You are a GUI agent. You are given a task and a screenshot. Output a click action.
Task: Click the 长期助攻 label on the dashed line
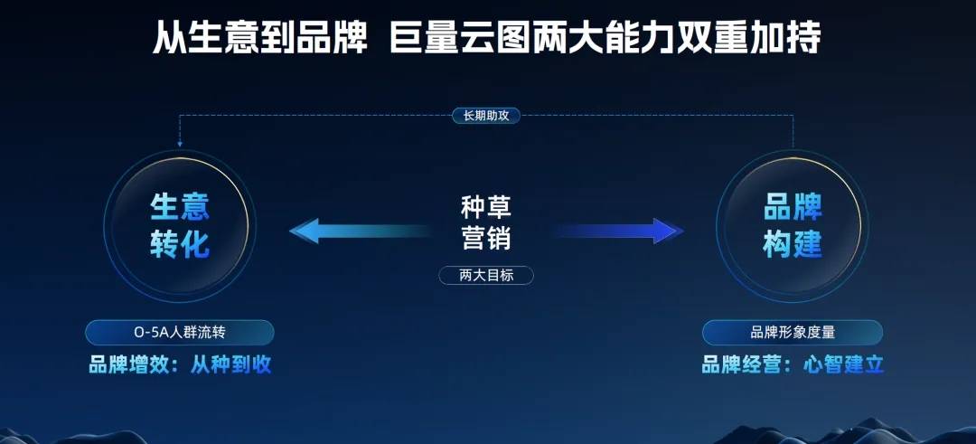(x=486, y=115)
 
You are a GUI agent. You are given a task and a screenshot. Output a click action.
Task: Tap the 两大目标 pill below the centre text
(x=486, y=275)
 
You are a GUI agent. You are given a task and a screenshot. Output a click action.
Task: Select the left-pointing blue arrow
(x=361, y=231)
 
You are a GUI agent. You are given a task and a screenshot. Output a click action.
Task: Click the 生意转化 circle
(x=179, y=226)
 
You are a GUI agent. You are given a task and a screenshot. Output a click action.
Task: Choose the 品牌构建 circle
(x=793, y=226)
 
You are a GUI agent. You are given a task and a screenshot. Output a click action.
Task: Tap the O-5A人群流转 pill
(x=179, y=333)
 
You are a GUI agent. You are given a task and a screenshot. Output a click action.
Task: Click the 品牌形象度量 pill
(x=793, y=333)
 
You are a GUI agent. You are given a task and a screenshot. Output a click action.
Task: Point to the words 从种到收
(x=231, y=364)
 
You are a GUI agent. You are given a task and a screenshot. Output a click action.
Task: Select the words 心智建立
(x=843, y=364)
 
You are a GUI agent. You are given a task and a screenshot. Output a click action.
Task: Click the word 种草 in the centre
(x=486, y=207)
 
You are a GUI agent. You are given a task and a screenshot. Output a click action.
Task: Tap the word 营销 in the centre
(x=486, y=238)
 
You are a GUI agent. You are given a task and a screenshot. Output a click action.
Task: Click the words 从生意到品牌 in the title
(x=260, y=37)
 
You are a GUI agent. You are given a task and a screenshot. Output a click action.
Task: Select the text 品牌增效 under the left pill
(x=129, y=364)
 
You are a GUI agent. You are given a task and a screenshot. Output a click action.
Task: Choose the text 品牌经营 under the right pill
(x=742, y=364)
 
